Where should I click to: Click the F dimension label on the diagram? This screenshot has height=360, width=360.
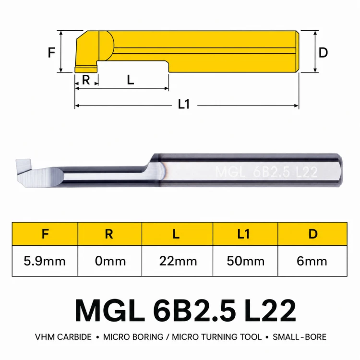pos(51,52)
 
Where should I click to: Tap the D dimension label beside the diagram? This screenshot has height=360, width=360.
pos(323,53)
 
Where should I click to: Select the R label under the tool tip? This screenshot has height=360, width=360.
pos(86,80)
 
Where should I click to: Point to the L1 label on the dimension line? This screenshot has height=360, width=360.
pos(184,105)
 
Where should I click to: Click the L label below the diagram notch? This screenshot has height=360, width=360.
pos(131,80)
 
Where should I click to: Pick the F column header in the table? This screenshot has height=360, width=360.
pos(45,234)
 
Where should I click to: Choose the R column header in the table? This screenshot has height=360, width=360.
pos(109,234)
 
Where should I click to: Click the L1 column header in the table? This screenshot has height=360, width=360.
pos(243,234)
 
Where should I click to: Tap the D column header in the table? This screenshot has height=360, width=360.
pos(313,234)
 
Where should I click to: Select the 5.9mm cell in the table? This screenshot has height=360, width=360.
pos(45,261)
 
